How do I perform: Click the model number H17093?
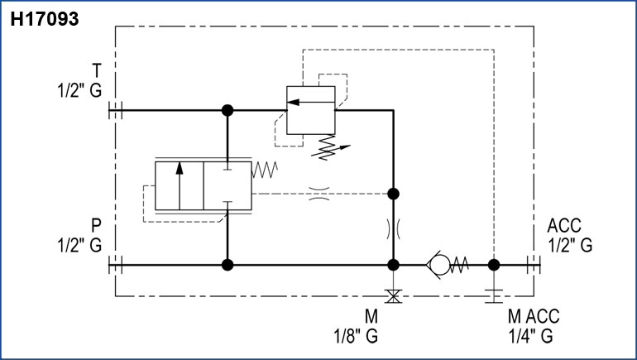45,18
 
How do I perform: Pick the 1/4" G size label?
529,336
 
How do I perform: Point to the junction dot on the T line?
227,109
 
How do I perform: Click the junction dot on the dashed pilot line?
394,194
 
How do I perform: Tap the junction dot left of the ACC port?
494,266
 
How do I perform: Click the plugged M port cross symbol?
394,295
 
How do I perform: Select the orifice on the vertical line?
394,229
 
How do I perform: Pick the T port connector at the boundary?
116,109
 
